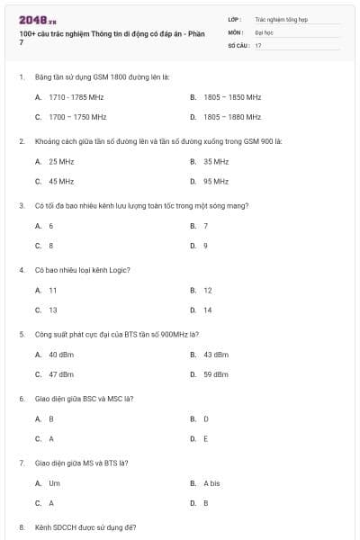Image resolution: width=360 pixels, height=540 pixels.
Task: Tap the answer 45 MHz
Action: [61, 181]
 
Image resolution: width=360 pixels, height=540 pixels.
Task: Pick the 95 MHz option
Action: [216, 181]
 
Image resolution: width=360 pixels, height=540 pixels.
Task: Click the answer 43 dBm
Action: [216, 354]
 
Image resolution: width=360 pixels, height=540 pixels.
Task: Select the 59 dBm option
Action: [216, 373]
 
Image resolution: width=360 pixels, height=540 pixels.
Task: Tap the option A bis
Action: [212, 483]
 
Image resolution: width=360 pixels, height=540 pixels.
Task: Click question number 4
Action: [21, 269]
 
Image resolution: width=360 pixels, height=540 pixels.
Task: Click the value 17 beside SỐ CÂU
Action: [258, 45]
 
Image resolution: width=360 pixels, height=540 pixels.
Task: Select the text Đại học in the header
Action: [264, 31]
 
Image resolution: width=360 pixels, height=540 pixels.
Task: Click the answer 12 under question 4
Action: [208, 291]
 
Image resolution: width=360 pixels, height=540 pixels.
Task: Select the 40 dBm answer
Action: [61, 354]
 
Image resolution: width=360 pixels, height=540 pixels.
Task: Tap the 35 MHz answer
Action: [216, 161]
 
